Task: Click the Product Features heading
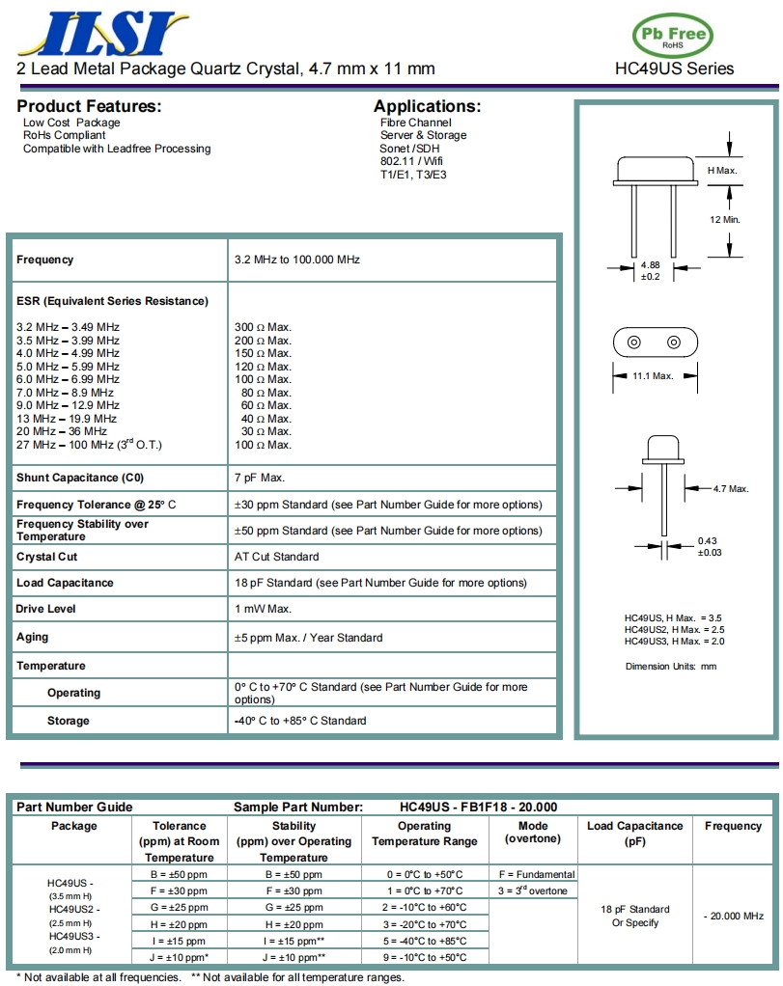click(89, 106)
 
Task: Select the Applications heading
click(427, 106)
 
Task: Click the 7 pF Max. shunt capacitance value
click(260, 478)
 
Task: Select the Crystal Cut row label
click(47, 557)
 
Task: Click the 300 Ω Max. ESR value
click(263, 327)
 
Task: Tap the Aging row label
click(33, 637)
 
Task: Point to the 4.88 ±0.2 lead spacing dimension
click(651, 270)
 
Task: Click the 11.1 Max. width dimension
click(653, 375)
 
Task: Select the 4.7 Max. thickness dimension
click(731, 488)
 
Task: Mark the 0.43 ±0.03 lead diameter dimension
click(709, 546)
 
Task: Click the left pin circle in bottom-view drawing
click(634, 342)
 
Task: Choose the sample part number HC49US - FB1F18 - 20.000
click(478, 807)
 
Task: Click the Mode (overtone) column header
click(533, 832)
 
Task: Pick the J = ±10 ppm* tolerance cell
click(180, 957)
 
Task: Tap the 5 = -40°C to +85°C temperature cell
click(425, 941)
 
